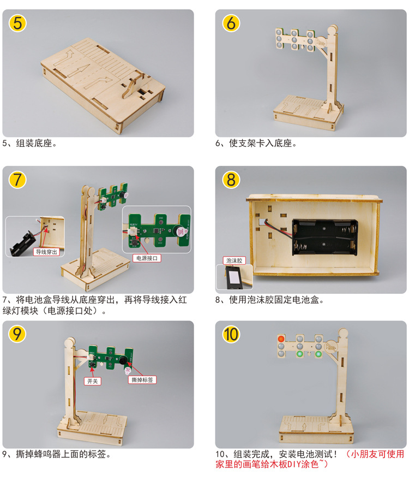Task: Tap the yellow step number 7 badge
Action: (19, 180)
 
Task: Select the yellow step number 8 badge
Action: (231, 180)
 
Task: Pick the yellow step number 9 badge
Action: (19, 334)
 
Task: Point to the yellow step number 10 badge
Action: (231, 334)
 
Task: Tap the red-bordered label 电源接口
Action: (147, 257)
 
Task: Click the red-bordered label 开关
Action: (92, 381)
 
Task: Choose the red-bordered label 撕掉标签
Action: (143, 380)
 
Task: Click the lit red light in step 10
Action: (281, 339)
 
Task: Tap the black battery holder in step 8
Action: (325, 238)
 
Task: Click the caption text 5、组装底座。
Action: (31, 144)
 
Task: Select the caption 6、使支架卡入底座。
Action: (256, 144)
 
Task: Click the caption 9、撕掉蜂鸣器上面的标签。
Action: (57, 454)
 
